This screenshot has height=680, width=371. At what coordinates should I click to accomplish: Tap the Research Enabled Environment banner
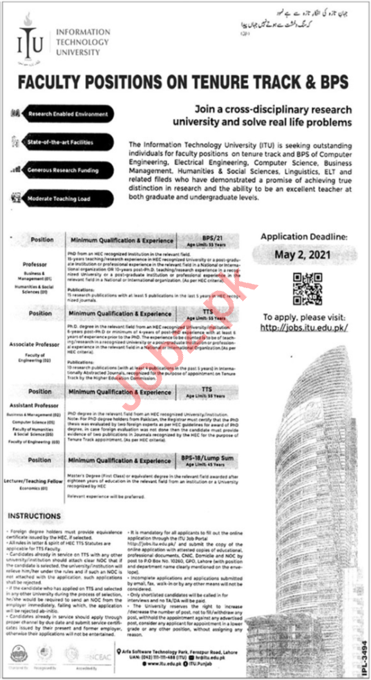point(68,113)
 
